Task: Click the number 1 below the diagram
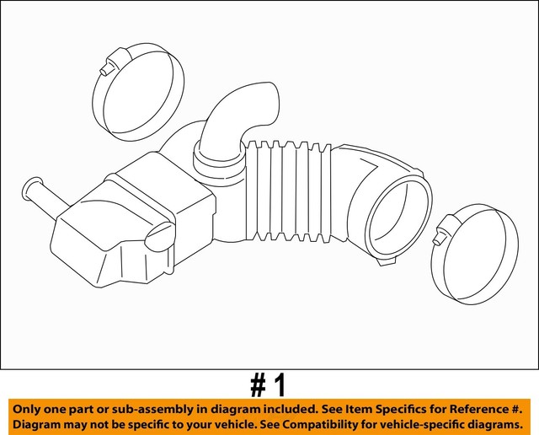point(280,385)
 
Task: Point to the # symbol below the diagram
point(258,385)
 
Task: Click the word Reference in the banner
point(459,408)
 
